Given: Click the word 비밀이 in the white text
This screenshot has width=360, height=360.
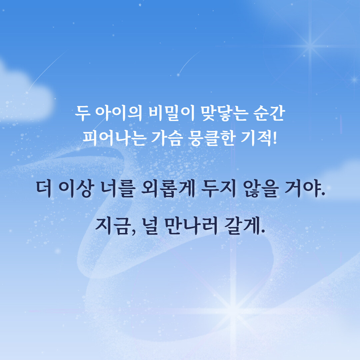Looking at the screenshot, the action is tap(172, 113).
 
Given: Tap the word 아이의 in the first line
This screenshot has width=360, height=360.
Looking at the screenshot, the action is tap(119, 113).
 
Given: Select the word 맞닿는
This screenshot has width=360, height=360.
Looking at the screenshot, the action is tap(224, 113).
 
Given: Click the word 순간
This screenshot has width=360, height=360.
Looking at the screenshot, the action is tap(269, 113).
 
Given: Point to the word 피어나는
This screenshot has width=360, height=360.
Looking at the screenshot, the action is tap(114, 138).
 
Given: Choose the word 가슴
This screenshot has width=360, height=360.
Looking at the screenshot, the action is tap(167, 138).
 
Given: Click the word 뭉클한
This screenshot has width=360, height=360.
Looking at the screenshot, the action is tap(211, 138).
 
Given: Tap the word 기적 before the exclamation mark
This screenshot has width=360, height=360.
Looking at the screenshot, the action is tap(256, 138).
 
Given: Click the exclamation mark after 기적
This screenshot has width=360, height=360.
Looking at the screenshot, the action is tap(275, 138).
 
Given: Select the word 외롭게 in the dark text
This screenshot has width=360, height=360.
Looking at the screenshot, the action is tap(168, 189).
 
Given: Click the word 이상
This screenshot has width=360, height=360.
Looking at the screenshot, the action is tap(76, 189).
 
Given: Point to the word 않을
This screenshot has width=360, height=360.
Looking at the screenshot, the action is tap(261, 189).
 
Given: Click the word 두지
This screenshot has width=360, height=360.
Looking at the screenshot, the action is tap(219, 189).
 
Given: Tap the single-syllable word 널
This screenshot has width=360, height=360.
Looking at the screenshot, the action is tap(150, 226).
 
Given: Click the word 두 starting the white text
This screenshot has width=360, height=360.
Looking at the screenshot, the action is tap(83, 113).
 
